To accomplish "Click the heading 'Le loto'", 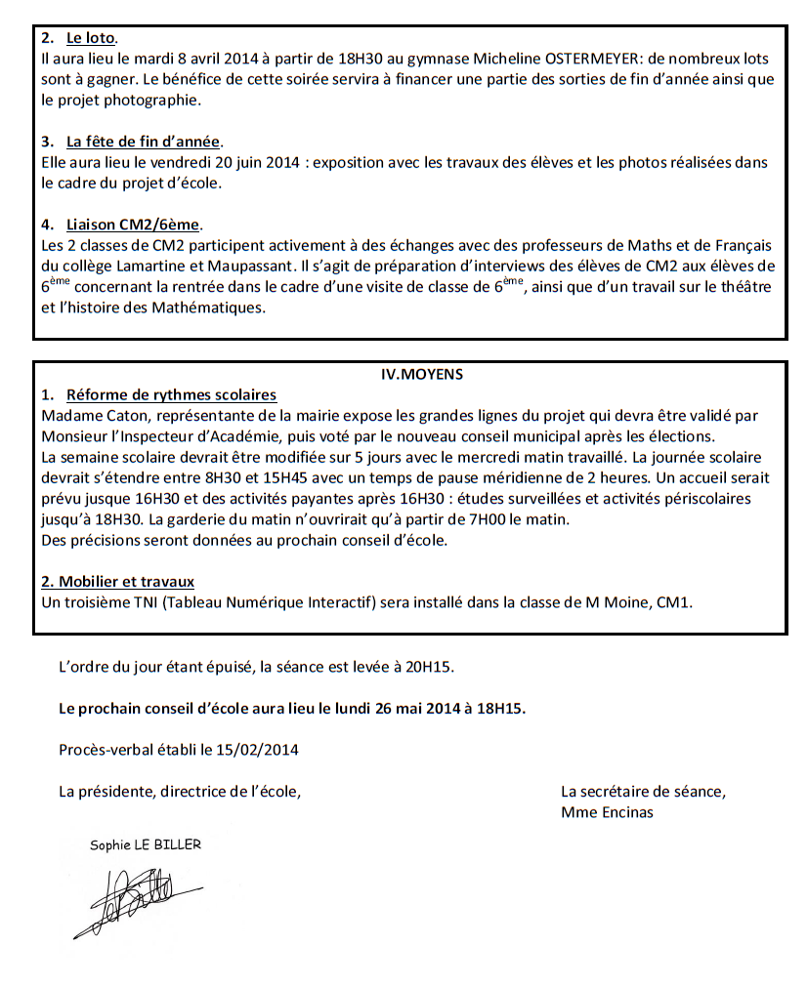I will point(91,39).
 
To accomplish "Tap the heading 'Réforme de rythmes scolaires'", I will point(171,394).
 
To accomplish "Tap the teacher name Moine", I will point(642,602).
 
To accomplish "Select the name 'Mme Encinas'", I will point(607,811).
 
